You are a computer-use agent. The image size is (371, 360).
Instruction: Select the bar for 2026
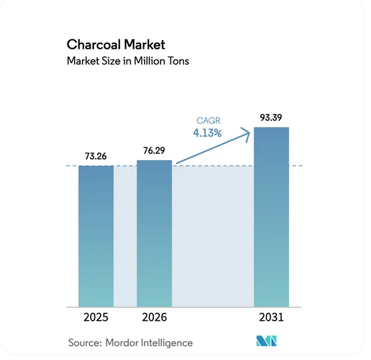[x=154, y=233]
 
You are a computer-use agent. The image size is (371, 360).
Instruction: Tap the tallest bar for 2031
[x=272, y=216]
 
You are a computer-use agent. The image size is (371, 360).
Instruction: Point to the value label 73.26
[x=96, y=155]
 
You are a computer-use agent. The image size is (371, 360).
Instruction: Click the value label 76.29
[x=154, y=150]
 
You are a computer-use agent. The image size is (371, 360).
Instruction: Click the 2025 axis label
[x=96, y=317]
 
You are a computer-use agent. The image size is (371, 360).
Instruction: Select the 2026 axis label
[x=154, y=317]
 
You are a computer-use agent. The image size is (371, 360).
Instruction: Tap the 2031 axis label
[x=272, y=317]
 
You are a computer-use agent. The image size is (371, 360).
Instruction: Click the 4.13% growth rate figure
[x=208, y=133]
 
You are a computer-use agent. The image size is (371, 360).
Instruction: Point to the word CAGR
[x=208, y=121]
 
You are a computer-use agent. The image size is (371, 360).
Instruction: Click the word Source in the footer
[x=84, y=343]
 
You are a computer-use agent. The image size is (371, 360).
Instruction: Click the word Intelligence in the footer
[x=169, y=343]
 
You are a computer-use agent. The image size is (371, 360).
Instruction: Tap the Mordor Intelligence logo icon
[x=268, y=341]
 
